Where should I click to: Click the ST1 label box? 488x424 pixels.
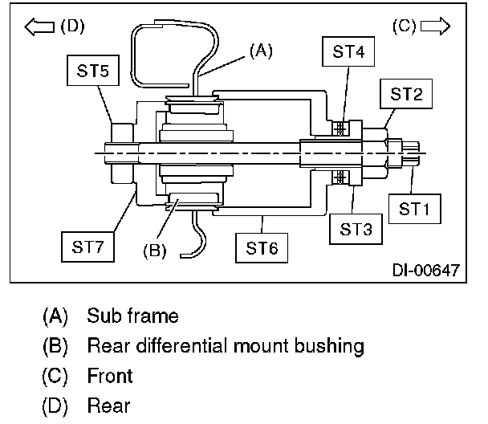[x=414, y=209]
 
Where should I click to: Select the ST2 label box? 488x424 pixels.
[x=406, y=94]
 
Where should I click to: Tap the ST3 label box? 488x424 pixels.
[x=356, y=229]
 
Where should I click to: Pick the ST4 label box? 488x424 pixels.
[x=348, y=51]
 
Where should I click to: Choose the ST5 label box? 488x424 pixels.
[x=93, y=71]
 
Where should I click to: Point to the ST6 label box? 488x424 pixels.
[x=262, y=248]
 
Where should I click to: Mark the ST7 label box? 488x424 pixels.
[x=87, y=247]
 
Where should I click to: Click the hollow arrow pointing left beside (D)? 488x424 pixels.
[x=39, y=26]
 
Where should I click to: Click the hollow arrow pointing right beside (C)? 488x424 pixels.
[x=435, y=26]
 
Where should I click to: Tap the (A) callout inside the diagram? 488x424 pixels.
[x=261, y=51]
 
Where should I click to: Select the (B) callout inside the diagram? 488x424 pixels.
[x=155, y=251]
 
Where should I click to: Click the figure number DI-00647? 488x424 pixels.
[x=425, y=270]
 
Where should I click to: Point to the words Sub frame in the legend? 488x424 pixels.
[x=132, y=316]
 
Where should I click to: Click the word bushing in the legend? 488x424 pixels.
[x=329, y=346]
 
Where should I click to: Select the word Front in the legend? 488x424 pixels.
[x=110, y=376]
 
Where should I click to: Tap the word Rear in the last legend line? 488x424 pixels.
[x=108, y=406]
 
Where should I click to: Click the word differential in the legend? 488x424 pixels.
[x=182, y=345]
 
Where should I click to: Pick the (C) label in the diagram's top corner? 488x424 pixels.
[x=404, y=26]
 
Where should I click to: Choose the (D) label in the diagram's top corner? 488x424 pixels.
[x=72, y=26]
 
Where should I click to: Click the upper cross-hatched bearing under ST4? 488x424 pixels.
[x=340, y=128]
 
